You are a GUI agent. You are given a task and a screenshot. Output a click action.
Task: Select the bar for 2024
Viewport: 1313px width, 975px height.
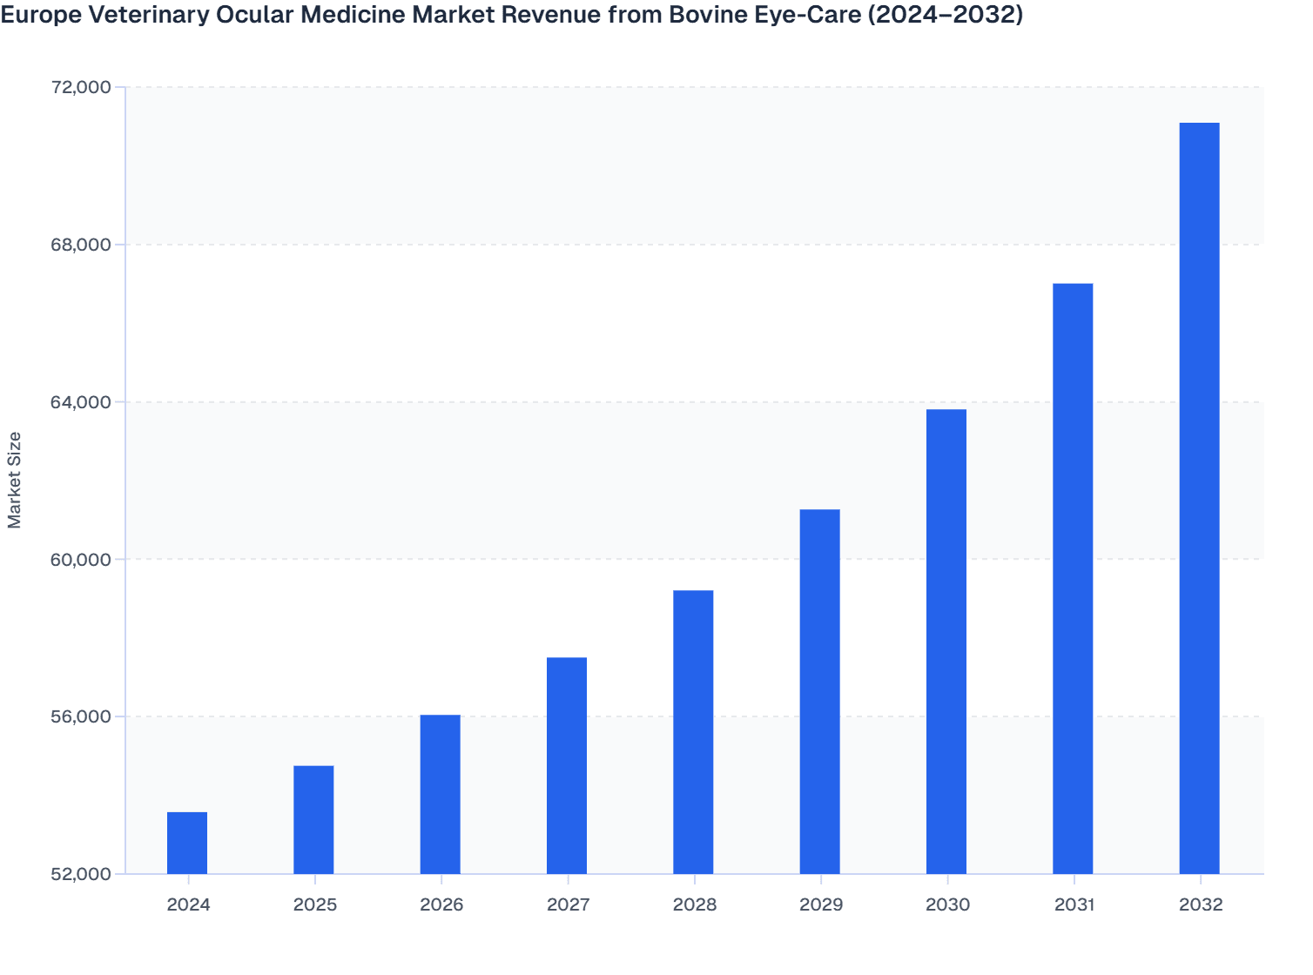click(x=187, y=843)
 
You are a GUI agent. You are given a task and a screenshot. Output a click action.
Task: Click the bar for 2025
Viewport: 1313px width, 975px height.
click(x=313, y=819)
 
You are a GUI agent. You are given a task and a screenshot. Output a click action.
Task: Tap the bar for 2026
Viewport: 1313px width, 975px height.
click(x=441, y=794)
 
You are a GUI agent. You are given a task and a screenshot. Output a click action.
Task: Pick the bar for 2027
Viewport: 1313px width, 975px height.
click(x=567, y=765)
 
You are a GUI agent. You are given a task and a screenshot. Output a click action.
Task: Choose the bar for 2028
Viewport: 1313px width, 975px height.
click(x=693, y=731)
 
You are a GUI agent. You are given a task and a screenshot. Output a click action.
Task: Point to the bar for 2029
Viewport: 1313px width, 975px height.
click(x=820, y=691)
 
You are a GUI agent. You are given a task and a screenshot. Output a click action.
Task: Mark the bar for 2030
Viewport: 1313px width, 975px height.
click(x=946, y=641)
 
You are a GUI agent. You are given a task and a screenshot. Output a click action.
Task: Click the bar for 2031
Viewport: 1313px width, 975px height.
click(x=1073, y=578)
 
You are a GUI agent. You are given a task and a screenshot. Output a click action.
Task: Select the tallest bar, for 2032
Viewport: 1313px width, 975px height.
click(x=1199, y=498)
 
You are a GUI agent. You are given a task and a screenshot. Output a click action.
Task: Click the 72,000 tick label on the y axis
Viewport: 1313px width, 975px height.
click(x=82, y=87)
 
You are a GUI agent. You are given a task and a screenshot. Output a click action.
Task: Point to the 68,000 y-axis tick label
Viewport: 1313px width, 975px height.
click(x=82, y=245)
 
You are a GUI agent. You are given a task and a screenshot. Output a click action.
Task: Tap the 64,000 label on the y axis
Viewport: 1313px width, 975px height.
click(x=82, y=402)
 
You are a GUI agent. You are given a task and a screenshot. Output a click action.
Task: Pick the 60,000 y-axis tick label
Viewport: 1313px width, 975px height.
click(x=82, y=560)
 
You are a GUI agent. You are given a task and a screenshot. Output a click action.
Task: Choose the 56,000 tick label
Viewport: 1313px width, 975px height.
click(x=82, y=717)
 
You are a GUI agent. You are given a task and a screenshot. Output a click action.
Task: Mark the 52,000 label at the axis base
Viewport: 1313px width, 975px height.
click(x=82, y=874)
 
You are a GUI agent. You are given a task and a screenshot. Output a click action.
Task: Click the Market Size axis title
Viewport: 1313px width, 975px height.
click(x=14, y=480)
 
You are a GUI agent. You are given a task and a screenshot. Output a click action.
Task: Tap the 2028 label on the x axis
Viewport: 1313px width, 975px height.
click(x=694, y=904)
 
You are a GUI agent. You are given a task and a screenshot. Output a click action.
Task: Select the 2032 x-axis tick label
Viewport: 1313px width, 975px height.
click(x=1201, y=904)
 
